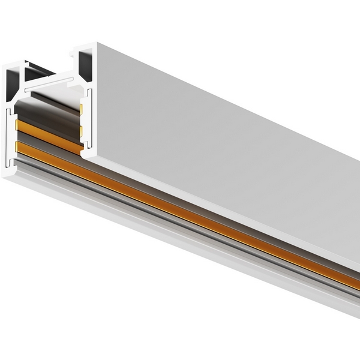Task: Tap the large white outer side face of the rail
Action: pyautogui.click(x=228, y=150)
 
